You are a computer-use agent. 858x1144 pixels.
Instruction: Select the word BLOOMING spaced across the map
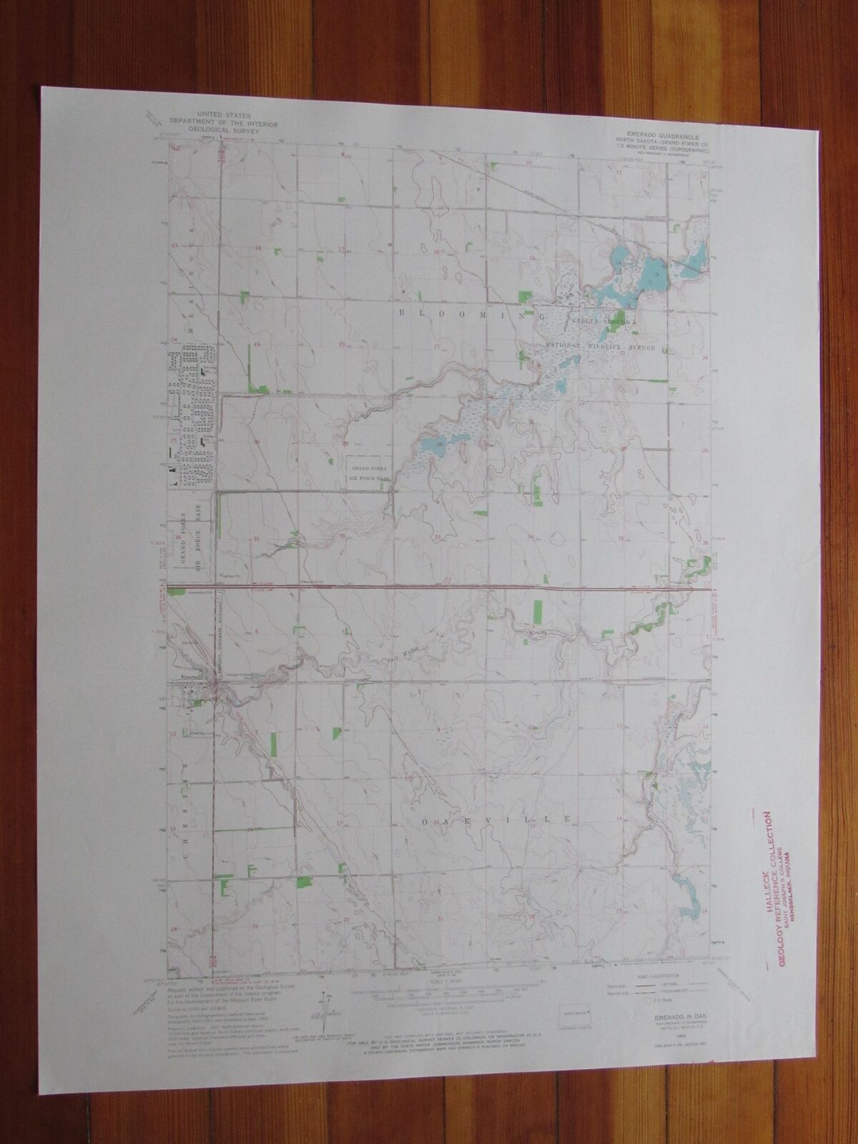pyautogui.click(x=468, y=313)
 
